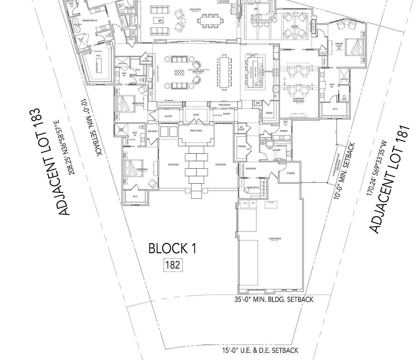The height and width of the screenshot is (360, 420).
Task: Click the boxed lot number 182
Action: tap(173, 265)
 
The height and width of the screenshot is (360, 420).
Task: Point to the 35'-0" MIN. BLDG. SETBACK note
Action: tap(274, 299)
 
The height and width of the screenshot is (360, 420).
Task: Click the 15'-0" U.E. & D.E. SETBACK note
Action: tap(260, 350)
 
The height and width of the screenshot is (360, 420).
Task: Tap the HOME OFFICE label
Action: tap(253, 188)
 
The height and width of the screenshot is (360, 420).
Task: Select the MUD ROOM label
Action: tap(251, 168)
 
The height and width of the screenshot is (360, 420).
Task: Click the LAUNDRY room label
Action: tap(276, 150)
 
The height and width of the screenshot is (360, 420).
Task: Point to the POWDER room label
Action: tap(283, 131)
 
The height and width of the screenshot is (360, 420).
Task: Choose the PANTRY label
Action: tap(269, 113)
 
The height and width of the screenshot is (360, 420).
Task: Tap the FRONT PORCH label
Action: tap(196, 131)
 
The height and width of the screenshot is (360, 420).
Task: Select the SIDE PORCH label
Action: tap(152, 131)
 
